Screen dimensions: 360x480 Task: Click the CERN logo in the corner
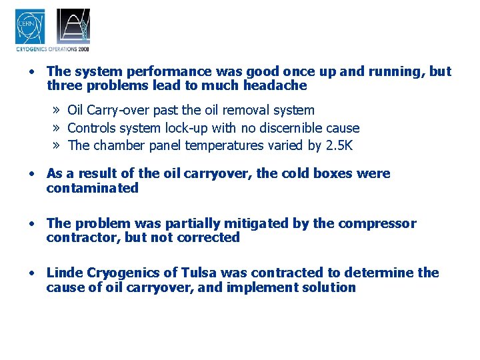[30, 27]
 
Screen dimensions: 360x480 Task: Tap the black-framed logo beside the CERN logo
[73, 27]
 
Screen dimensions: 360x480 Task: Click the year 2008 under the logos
[83, 49]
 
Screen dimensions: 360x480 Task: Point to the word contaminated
[92, 188]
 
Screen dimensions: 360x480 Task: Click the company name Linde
[64, 273]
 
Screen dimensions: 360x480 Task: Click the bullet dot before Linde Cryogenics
[32, 273]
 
